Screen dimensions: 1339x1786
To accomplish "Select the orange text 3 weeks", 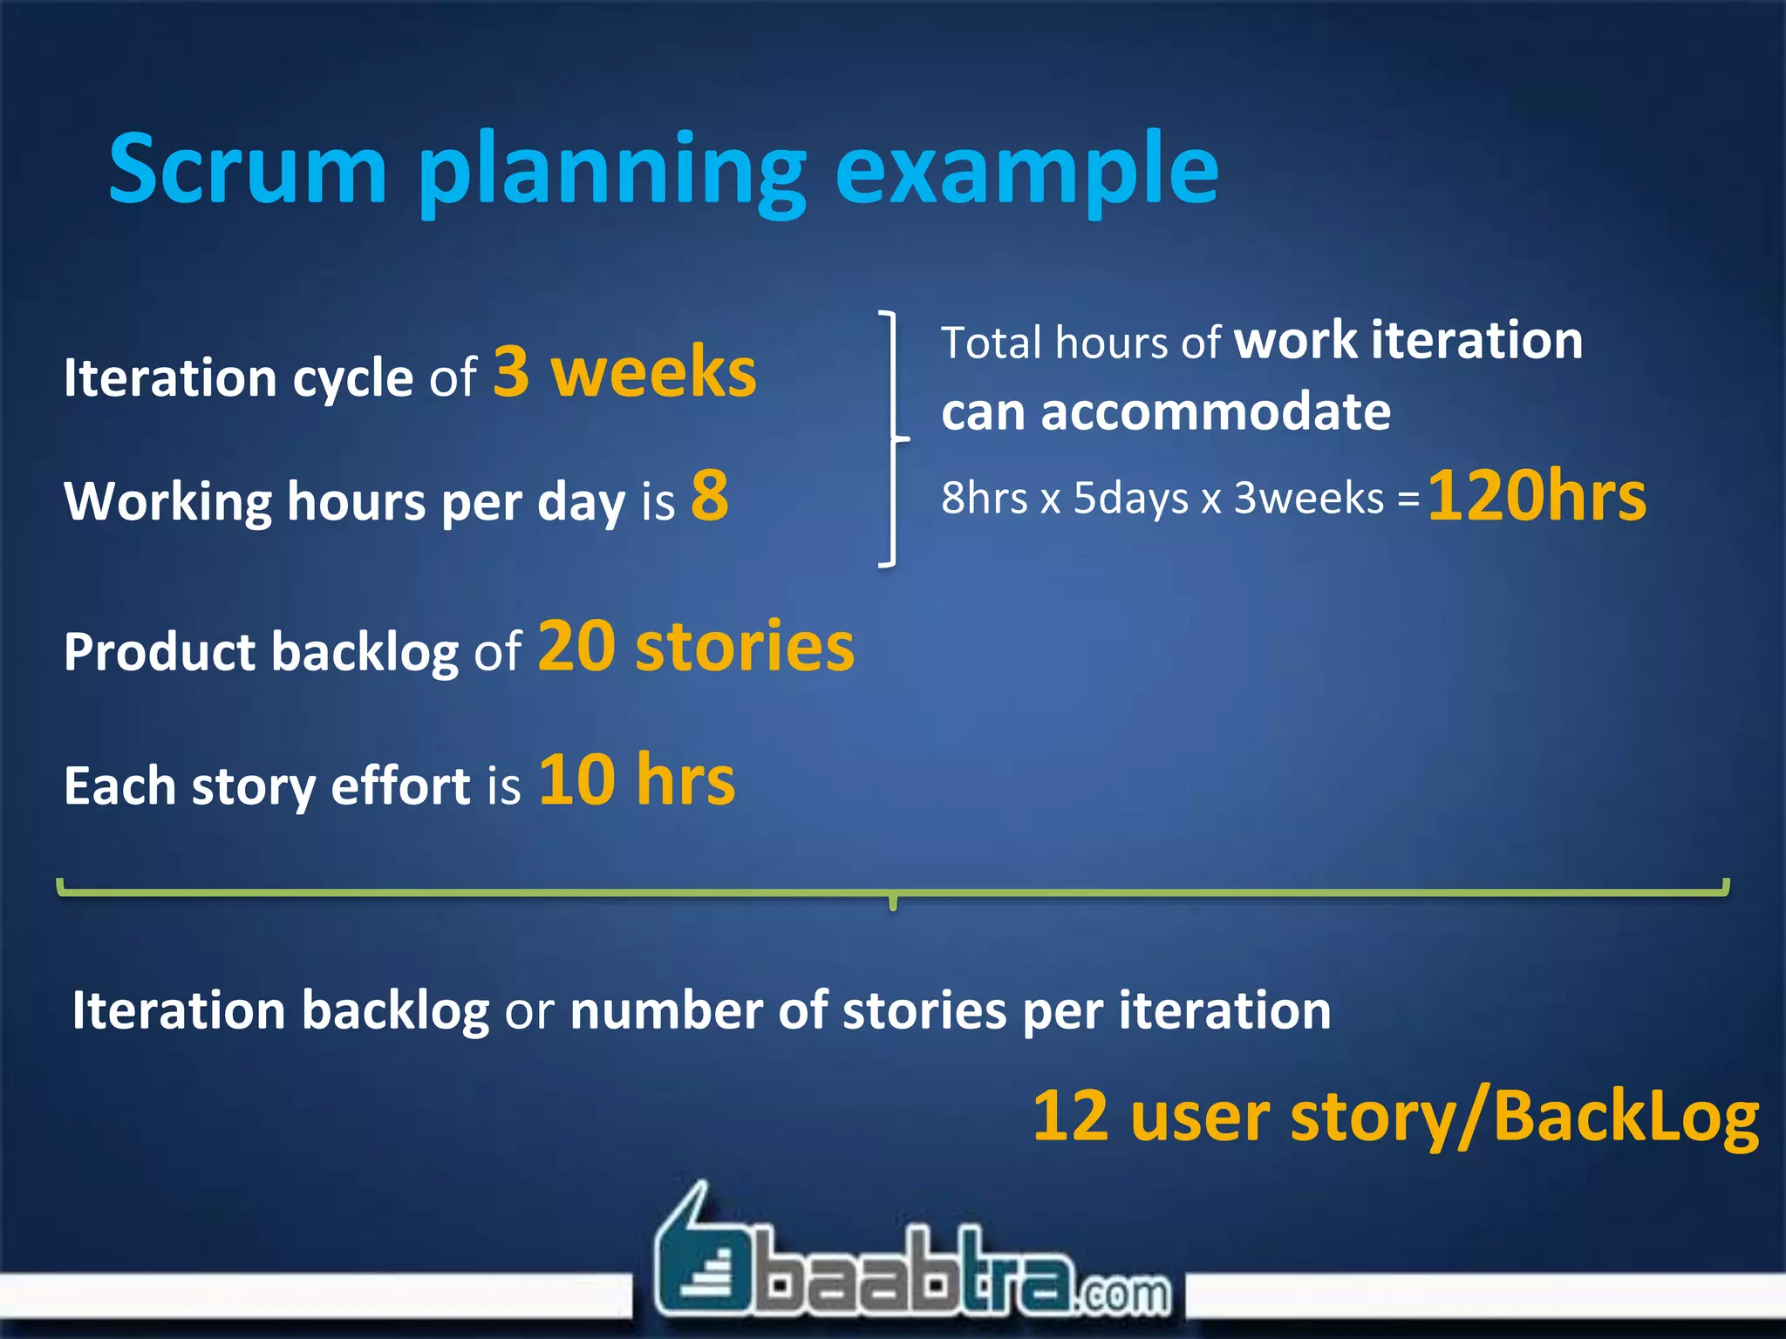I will coord(624,372).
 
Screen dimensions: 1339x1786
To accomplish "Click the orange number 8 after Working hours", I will coord(710,496).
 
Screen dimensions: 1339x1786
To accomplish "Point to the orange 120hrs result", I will coord(1537,497).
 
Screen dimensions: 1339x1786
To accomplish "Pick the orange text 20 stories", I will coord(696,647).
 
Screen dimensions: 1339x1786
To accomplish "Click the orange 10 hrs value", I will coord(637,779).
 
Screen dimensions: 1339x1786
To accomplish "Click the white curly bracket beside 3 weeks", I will coord(891,438).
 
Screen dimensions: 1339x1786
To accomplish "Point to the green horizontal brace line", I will coord(893,892).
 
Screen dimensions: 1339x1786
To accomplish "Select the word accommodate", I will coord(1216,411).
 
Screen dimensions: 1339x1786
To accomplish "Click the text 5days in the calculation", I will coord(1130,499).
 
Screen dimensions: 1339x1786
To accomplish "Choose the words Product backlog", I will coord(261,652).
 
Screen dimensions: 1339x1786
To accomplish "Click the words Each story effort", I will coord(267,786).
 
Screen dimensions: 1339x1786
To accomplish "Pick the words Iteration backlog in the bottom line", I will coord(280,1011).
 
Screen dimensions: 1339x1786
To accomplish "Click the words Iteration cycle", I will coord(238,378).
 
